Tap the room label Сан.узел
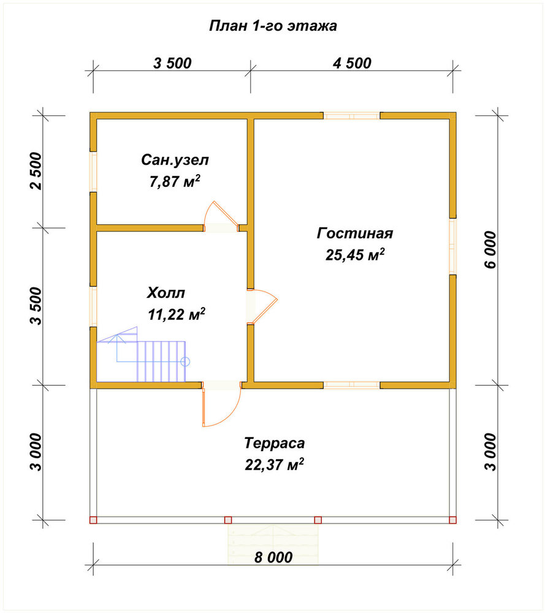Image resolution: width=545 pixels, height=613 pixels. tap(175, 160)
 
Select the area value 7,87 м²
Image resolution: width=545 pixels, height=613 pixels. tap(175, 181)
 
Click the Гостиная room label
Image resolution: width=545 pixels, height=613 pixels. tap(354, 233)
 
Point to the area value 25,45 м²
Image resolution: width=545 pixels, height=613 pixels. tap(355, 254)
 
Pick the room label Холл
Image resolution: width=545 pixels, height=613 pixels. tap(166, 293)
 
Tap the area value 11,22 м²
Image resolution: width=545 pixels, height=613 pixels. tap(177, 314)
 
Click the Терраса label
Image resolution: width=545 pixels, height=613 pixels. tap(275, 443)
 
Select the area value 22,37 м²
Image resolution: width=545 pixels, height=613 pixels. tap(275, 465)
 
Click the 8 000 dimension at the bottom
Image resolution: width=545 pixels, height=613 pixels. tap(273, 557)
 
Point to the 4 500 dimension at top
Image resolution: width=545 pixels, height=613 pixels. tap(352, 63)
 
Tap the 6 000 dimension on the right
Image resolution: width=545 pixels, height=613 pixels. tap(490, 250)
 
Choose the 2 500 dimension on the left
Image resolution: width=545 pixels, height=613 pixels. tap(35, 171)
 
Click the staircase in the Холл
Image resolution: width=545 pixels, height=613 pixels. tap(141, 354)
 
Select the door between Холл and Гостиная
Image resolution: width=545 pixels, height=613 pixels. tap(262, 307)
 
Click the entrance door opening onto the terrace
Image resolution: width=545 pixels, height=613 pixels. tap(222, 405)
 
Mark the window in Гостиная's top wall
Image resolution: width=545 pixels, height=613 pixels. tap(351, 116)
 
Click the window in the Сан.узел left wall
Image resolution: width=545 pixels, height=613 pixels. tap(93, 171)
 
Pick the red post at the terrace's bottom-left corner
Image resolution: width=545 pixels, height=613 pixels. tap(93, 520)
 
